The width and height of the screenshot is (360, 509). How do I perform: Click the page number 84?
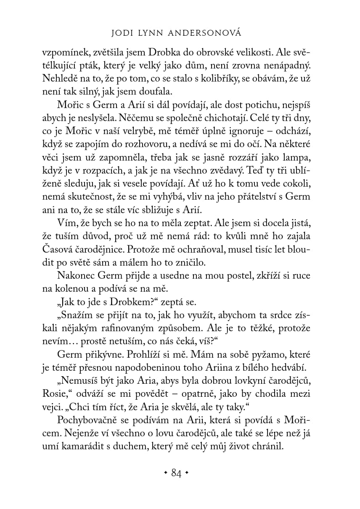176,474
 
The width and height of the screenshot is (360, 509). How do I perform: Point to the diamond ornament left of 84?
165,474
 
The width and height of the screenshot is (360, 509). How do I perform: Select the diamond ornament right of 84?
187,474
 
